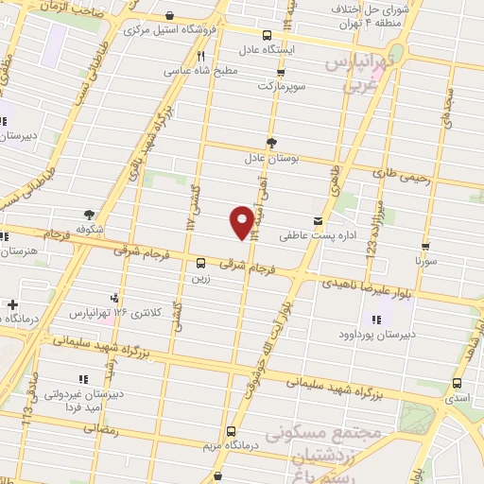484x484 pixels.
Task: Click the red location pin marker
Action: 243,222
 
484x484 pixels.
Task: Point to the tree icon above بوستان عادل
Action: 272,143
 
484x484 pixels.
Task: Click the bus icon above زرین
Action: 200,265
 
